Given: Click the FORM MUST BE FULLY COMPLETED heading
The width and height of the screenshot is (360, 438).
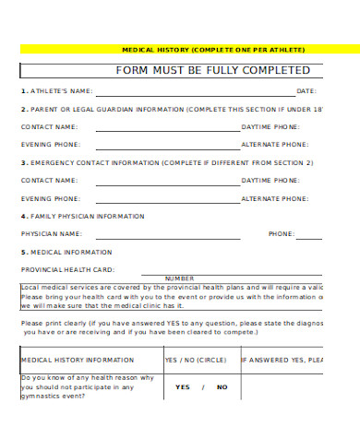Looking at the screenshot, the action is tap(212, 70).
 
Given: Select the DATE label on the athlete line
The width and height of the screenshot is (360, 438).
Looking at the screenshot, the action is tap(306, 91).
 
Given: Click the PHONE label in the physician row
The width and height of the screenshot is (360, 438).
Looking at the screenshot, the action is tap(282, 234).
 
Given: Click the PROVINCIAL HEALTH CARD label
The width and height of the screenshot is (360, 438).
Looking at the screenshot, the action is tap(67, 269).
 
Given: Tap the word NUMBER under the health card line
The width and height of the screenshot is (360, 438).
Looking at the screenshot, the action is tap(179, 278).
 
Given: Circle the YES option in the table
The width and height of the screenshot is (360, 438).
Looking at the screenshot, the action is tap(183, 387).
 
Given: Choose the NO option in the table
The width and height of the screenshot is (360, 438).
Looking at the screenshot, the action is tap(222, 387).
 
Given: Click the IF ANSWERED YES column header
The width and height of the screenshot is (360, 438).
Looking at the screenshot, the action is tap(282, 360).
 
